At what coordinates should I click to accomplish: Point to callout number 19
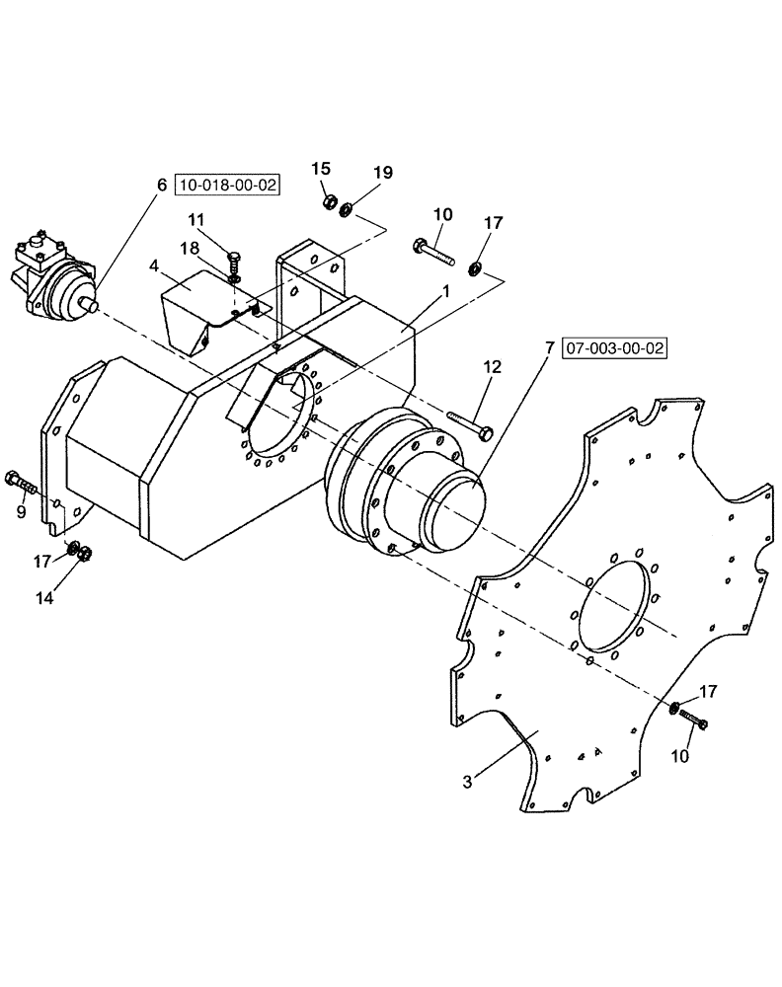coord(382,173)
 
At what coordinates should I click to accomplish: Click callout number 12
coord(494,367)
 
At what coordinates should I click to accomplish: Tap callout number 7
coord(548,348)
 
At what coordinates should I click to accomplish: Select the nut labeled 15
coord(328,203)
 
